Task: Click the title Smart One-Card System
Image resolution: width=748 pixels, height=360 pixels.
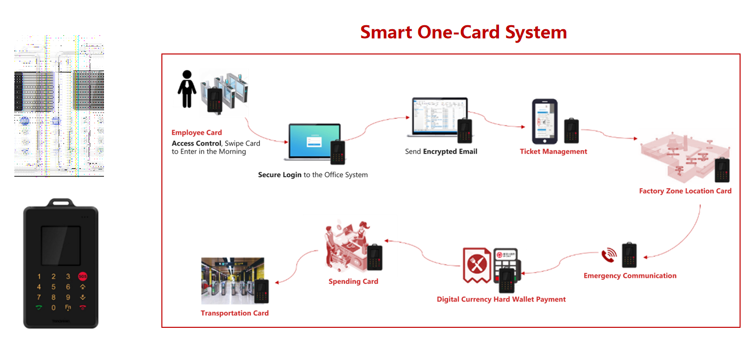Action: pos(463,32)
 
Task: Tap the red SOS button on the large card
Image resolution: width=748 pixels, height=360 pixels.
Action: pos(83,276)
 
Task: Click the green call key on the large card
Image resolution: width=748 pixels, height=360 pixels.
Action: pos(39,307)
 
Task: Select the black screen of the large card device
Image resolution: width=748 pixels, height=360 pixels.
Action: pos(60,246)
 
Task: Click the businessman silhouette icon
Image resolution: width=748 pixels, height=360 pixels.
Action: pos(186,89)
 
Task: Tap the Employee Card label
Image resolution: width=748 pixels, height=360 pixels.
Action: pos(197,133)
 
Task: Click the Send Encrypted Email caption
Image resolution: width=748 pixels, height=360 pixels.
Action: pos(441,152)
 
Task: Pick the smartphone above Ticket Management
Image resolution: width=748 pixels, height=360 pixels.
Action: pos(545,121)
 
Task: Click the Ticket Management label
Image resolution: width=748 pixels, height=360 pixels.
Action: pos(553,152)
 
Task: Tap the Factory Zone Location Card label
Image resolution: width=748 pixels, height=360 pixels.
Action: pos(685,191)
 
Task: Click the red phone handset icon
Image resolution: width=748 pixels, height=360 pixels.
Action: pos(608,256)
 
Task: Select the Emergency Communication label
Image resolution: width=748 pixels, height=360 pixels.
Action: pos(630,276)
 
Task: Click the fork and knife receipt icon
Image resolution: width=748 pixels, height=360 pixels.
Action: pos(477,265)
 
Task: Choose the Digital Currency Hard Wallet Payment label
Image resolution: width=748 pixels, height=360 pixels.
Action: pos(501,299)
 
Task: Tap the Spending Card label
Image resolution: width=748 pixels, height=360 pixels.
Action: pos(353,281)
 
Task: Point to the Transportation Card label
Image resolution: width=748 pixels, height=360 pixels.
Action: pos(235,313)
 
